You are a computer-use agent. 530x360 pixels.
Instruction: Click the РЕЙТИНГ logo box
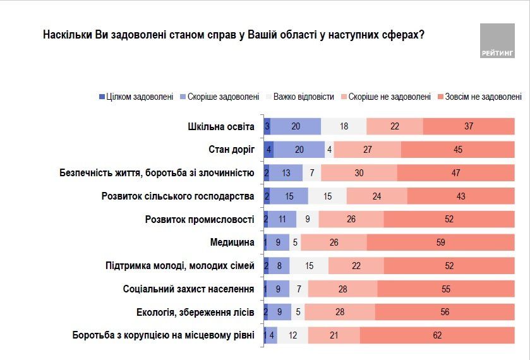tap(497, 41)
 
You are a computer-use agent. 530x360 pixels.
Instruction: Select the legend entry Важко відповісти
tap(299, 97)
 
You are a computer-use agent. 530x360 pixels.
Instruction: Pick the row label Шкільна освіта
tap(221, 126)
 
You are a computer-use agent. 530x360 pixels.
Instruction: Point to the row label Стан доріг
tap(231, 150)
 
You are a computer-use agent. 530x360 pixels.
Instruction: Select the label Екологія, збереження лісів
tap(195, 312)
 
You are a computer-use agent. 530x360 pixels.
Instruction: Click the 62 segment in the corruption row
tap(437, 335)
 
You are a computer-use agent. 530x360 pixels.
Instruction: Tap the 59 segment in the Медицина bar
tap(440, 243)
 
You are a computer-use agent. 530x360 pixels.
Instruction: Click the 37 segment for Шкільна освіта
tap(468, 126)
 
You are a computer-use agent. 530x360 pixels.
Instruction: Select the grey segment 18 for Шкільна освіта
tap(344, 126)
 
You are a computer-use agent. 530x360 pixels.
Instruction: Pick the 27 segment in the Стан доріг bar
tap(367, 150)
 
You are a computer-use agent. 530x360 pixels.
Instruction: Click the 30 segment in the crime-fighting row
tap(359, 173)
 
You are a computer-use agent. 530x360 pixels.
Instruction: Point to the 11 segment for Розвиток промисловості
tap(282, 219)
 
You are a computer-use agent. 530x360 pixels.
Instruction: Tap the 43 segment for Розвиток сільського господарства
tap(461, 196)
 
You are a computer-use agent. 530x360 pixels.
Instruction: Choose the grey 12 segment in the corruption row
tap(292, 335)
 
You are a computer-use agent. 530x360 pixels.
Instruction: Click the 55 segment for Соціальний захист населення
tap(446, 289)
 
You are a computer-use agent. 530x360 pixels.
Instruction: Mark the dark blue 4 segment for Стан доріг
tap(270, 150)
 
